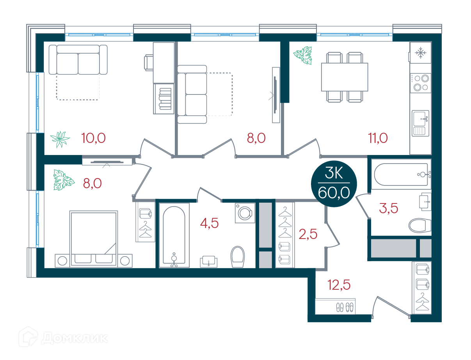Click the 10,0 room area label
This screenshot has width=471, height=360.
coord(93,138)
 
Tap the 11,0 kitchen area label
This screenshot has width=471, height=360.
coord(378,138)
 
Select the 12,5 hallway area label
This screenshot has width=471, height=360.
coord(339,285)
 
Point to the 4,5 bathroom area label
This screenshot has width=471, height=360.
coord(209,223)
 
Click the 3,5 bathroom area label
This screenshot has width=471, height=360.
coord(388,208)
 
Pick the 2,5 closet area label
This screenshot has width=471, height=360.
coord(308,234)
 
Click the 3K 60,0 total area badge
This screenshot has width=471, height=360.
coord(334,184)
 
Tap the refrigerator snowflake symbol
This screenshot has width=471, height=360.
coord(420,53)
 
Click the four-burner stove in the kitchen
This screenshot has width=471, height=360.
coord(420,83)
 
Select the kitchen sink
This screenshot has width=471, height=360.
coord(420,123)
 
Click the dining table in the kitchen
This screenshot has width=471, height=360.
coord(345,77)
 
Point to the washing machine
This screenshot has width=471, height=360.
coord(245,213)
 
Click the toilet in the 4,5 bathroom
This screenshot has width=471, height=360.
coord(238,257)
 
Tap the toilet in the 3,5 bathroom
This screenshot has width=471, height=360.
coord(420,225)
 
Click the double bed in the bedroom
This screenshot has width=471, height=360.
coord(94,239)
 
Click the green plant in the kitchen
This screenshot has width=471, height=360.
coord(303,55)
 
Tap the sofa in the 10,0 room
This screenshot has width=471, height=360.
coord(78,60)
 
